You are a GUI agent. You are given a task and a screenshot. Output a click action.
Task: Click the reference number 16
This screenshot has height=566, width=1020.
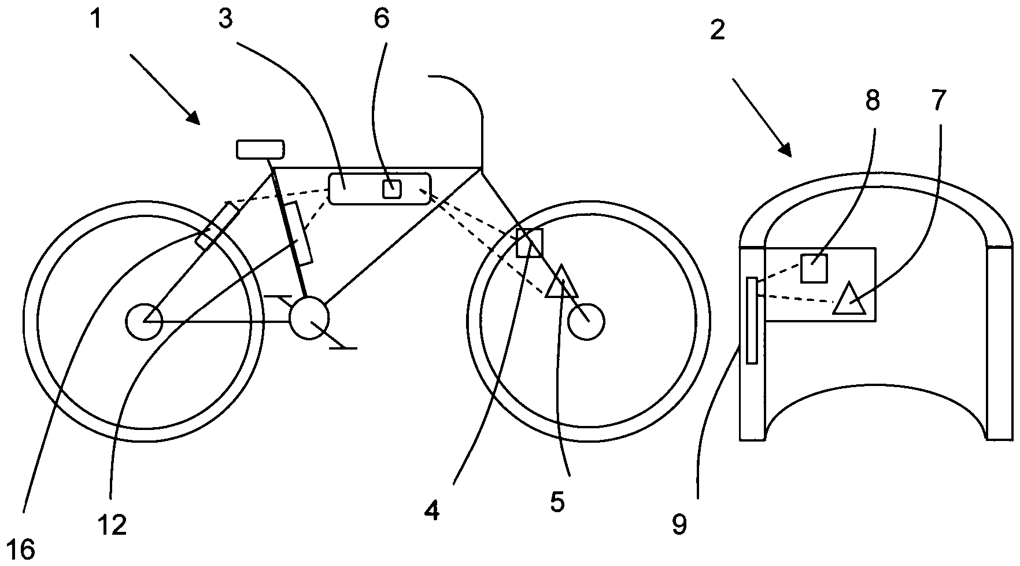tap(24, 548)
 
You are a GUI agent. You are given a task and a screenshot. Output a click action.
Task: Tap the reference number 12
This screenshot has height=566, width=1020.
tap(113, 525)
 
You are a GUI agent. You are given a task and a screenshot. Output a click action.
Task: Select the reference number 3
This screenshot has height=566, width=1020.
tap(225, 19)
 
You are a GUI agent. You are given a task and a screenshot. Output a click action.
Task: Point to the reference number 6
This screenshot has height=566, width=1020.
tap(382, 19)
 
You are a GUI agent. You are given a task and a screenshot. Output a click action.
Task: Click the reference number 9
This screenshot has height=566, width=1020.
tap(679, 525)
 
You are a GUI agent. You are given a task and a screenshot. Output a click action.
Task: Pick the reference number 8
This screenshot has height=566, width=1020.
tap(873, 101)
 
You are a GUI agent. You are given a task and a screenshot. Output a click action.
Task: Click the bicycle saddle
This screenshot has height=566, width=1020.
tap(260, 149)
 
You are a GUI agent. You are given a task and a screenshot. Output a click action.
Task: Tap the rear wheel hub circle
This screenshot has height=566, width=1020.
tap(143, 321)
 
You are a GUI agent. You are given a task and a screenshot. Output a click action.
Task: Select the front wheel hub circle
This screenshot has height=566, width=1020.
tap(586, 321)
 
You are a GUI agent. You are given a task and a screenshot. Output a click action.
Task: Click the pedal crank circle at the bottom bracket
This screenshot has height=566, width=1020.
tap(309, 318)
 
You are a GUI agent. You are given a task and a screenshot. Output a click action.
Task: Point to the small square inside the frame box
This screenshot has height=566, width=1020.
tap(392, 189)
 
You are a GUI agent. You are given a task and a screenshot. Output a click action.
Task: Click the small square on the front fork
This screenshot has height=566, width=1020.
tap(529, 242)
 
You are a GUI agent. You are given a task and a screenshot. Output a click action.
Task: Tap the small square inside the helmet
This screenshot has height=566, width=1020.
tap(814, 268)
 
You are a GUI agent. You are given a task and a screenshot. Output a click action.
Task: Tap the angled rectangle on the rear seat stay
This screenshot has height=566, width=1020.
tap(217, 225)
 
